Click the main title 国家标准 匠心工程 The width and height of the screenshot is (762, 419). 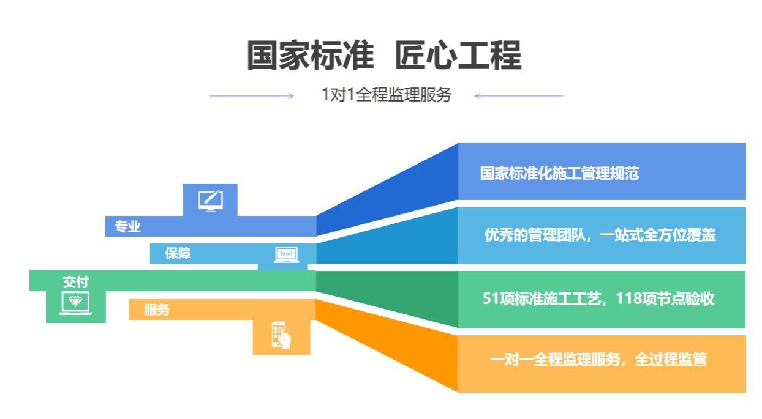tap(384, 55)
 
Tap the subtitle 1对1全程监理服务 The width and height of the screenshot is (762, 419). tap(387, 94)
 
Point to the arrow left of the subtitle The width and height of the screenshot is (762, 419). tap(251, 96)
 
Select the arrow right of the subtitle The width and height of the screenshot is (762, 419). tap(519, 96)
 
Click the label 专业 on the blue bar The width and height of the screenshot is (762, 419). tap(127, 227)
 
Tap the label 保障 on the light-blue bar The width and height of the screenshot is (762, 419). tap(178, 253)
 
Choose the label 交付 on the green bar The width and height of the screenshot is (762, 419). tap(75, 282)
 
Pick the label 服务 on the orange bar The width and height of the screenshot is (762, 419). tap(157, 310)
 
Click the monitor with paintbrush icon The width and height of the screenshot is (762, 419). tap(211, 201)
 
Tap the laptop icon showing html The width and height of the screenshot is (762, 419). tap(287, 254)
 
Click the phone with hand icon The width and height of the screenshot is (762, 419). tap(281, 335)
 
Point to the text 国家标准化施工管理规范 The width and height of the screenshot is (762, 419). tap(559, 173)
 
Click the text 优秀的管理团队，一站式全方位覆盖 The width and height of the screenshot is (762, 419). tap(600, 235)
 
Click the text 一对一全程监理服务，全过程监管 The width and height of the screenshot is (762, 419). tap(598, 360)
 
